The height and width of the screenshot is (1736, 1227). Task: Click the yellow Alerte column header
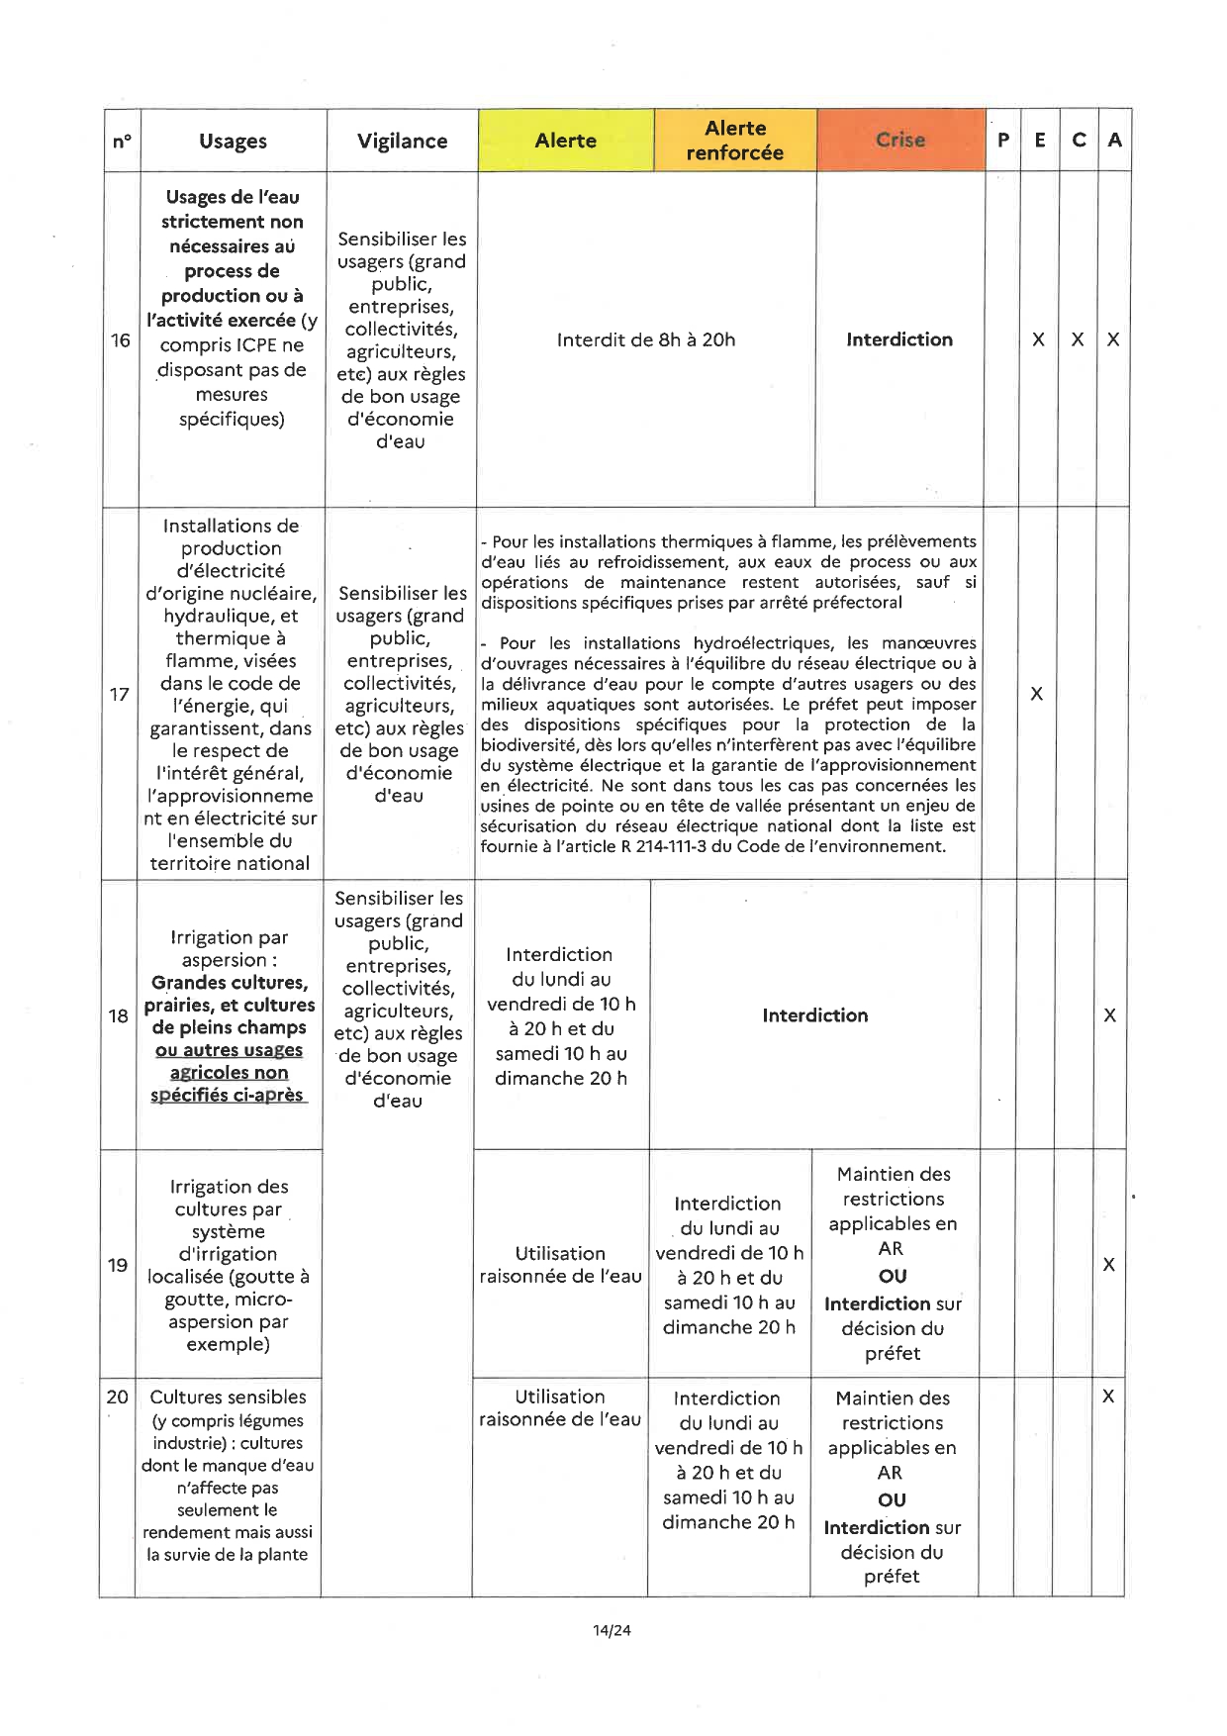pyautogui.click(x=565, y=141)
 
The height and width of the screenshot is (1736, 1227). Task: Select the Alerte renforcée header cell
pyautogui.click(x=734, y=141)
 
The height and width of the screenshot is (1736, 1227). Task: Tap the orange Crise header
pyautogui.click(x=899, y=141)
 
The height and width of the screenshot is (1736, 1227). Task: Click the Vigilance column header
pyautogui.click(x=402, y=142)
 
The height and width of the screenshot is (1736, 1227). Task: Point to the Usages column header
pyautogui.click(x=233, y=142)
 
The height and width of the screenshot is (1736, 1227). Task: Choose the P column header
pyautogui.click(x=1002, y=141)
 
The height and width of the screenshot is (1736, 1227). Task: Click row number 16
pyautogui.click(x=121, y=340)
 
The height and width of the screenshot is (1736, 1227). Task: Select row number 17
pyautogui.click(x=120, y=694)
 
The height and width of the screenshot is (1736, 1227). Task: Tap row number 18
pyautogui.click(x=119, y=1015)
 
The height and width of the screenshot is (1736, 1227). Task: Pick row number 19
pyautogui.click(x=118, y=1265)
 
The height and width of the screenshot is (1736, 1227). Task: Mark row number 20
pyautogui.click(x=117, y=1397)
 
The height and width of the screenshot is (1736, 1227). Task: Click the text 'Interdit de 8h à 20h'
pyautogui.click(x=646, y=340)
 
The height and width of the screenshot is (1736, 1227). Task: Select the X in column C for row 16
pyautogui.click(x=1078, y=339)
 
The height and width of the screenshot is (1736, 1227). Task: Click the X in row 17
pyautogui.click(x=1036, y=694)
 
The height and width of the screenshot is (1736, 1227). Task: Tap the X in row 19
pyautogui.click(x=1109, y=1265)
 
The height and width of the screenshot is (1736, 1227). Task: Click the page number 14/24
pyautogui.click(x=612, y=1630)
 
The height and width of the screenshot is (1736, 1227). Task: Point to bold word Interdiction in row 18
pyautogui.click(x=814, y=1015)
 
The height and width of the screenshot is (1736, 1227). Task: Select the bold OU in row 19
pyautogui.click(x=892, y=1277)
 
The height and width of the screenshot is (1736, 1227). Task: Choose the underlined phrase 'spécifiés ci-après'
pyautogui.click(x=228, y=1095)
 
